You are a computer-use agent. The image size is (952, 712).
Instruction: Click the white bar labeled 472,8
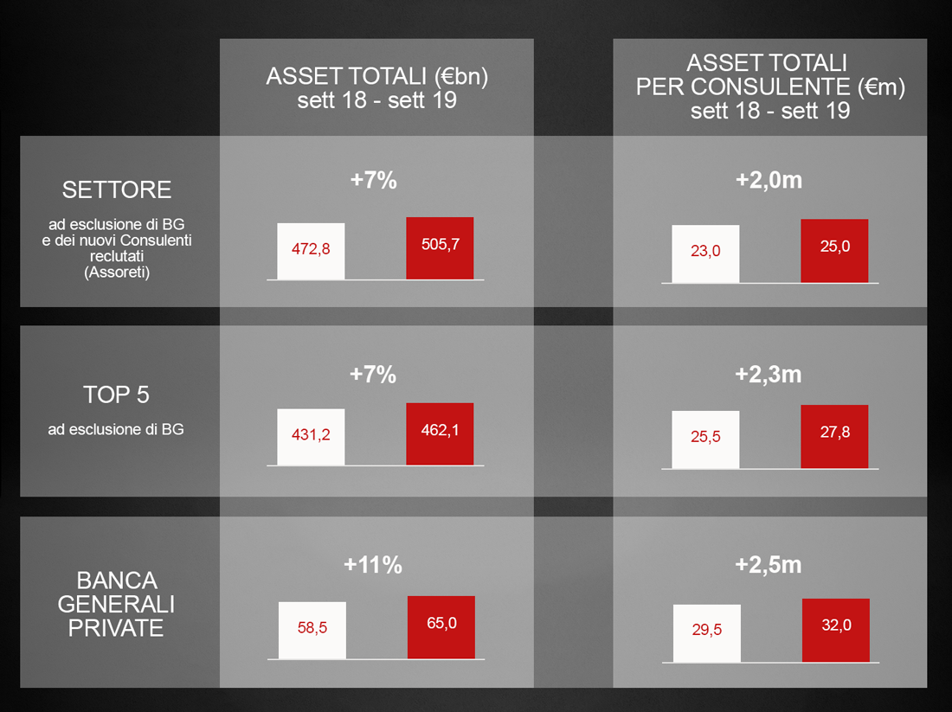[x=311, y=251]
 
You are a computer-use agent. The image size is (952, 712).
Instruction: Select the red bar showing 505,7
[x=440, y=248]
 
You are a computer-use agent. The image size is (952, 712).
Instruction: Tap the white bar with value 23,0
[x=705, y=253]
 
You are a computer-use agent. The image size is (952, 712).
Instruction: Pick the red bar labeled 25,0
[x=834, y=251]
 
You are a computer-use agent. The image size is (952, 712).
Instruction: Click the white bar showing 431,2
[x=311, y=437]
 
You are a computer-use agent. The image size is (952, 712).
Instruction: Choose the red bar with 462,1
[x=440, y=434]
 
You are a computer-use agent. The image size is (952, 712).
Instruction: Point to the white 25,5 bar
[x=705, y=439]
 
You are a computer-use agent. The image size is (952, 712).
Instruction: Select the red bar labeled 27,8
[x=834, y=436]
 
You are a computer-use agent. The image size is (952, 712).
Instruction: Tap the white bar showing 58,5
[x=312, y=630]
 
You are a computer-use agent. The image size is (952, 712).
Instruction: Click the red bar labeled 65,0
[x=441, y=627]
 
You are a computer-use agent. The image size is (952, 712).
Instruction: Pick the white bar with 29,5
[x=707, y=633]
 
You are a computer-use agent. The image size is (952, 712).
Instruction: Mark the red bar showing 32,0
[x=835, y=630]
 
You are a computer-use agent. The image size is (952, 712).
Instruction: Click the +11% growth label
[x=373, y=565]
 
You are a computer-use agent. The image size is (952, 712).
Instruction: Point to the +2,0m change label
[x=769, y=180]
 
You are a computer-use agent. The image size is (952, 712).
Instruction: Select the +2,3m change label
[x=768, y=375]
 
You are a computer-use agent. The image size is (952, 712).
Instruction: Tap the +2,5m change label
[x=768, y=565]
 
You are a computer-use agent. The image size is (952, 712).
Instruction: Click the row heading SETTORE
[x=117, y=190]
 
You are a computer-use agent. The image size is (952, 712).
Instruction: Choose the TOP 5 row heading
[x=116, y=394]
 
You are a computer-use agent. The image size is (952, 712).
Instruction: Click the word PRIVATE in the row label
[x=116, y=627]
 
